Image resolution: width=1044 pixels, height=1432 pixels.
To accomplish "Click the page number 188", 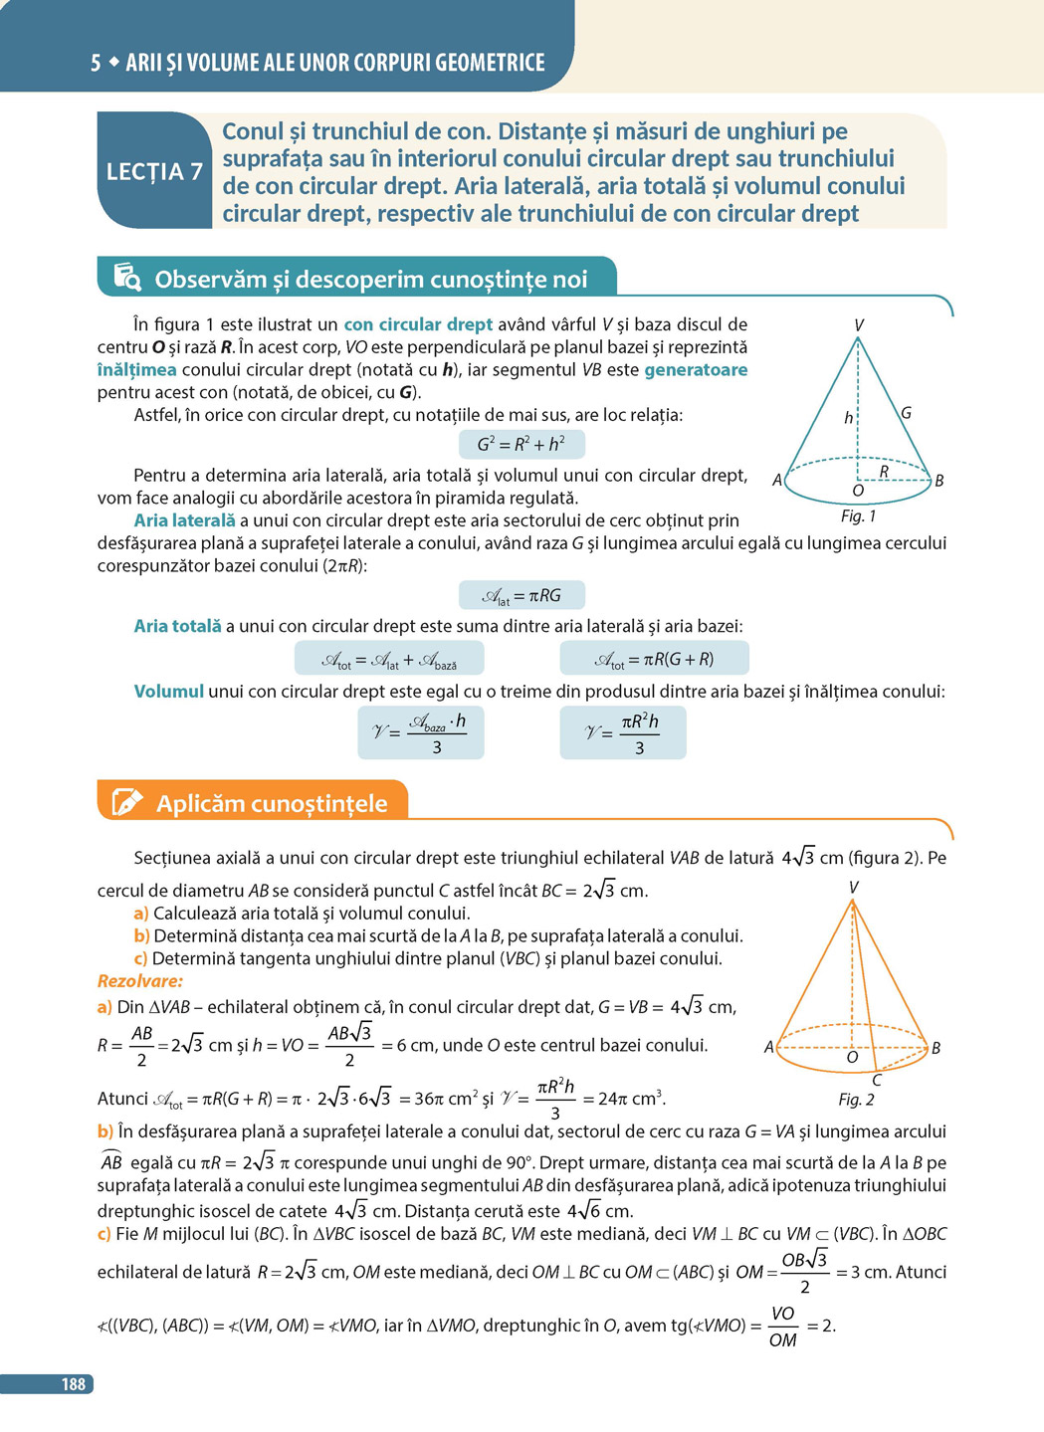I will (73, 1383).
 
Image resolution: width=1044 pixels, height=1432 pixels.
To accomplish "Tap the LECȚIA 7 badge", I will (154, 171).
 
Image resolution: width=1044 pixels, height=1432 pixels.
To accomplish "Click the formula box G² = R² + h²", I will (522, 444).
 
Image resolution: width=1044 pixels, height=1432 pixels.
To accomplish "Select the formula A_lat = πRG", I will (522, 595).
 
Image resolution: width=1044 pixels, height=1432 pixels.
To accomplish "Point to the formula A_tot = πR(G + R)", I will (654, 659).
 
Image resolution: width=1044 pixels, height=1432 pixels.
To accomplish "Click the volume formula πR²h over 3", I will (623, 733).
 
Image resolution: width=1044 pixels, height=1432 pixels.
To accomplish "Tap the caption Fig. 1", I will (858, 515).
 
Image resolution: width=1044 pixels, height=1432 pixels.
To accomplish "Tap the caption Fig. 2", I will (856, 1099).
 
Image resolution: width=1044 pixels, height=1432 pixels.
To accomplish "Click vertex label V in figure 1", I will (858, 325).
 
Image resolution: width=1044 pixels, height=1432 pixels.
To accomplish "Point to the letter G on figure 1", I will (906, 412).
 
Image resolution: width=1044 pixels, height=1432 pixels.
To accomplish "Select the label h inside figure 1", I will (848, 418).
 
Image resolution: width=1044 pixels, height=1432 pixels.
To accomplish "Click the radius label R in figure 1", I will (883, 471).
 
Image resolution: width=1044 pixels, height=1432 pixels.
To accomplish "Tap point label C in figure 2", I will (877, 1080).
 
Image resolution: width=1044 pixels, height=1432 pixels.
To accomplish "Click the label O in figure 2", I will (851, 1057).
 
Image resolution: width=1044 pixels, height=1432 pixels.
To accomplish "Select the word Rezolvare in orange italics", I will (140, 981).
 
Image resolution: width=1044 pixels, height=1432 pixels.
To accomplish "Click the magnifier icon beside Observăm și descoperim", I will (127, 278).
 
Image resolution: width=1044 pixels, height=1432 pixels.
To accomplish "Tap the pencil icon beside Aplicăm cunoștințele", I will (127, 802).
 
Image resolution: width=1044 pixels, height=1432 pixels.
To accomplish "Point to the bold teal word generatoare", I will (696, 369).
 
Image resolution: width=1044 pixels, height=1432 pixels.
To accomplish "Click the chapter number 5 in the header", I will (96, 63).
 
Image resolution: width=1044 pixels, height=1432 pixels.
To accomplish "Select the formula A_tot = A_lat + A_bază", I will (389, 659).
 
